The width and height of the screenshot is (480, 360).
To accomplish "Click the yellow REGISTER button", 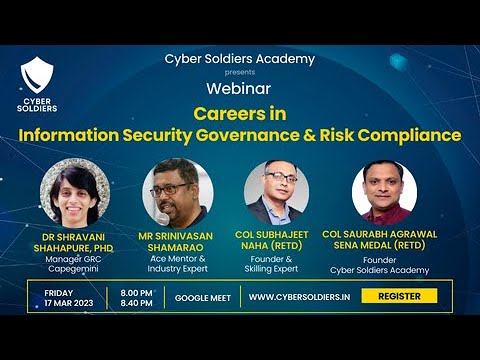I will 399,296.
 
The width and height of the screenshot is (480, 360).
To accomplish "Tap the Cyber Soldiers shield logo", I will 39,80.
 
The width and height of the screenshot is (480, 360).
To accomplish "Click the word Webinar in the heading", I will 239,88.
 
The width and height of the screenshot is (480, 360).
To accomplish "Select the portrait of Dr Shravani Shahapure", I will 73,191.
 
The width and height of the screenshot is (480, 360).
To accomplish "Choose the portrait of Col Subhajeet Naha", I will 276,191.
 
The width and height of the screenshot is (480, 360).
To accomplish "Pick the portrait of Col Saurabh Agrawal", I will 384,191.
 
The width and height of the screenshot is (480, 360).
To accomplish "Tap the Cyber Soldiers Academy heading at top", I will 239,59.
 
